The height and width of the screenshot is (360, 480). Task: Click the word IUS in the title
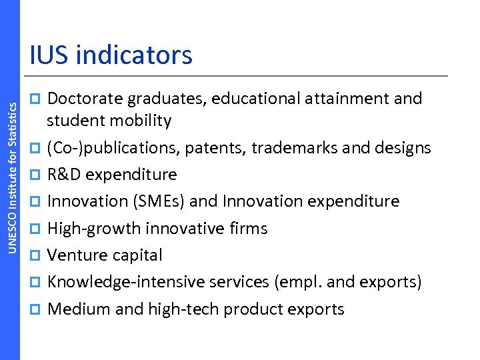pos(49,55)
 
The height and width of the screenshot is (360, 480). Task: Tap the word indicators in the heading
pos(135,55)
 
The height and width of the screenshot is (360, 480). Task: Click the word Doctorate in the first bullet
pos(85,99)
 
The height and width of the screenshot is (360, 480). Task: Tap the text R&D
pos(65,175)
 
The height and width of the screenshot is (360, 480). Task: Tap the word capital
pos(136,255)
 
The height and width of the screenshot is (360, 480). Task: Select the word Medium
pos(77,309)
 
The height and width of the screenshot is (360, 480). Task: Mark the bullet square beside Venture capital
pos(38,256)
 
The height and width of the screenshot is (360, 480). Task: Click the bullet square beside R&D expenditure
pos(38,175)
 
